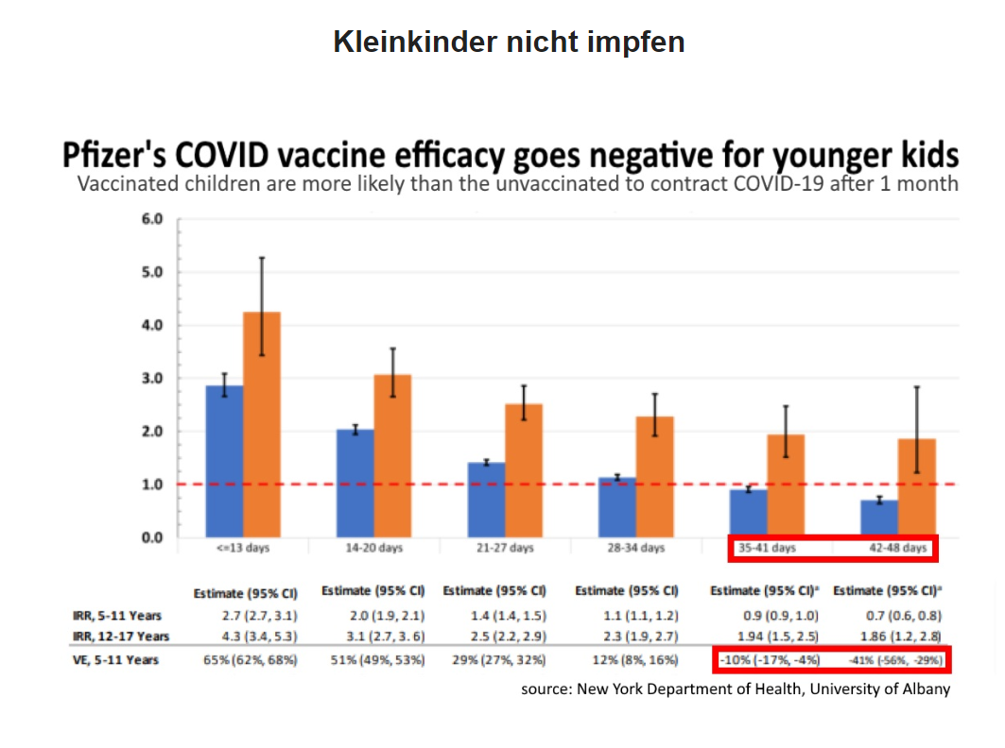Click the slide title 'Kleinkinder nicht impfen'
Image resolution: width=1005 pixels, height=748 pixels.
point(509,42)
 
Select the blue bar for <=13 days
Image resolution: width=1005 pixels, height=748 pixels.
point(224,461)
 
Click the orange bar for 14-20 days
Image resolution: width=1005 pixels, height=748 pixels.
point(392,456)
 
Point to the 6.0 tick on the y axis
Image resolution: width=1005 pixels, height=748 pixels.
point(152,219)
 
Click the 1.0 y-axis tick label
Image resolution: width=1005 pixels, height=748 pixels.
point(152,484)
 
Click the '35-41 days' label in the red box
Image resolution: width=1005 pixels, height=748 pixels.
point(767,548)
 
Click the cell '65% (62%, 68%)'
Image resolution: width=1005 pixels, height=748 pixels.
point(246,659)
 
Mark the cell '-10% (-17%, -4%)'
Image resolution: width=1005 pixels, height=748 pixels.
point(771,659)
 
